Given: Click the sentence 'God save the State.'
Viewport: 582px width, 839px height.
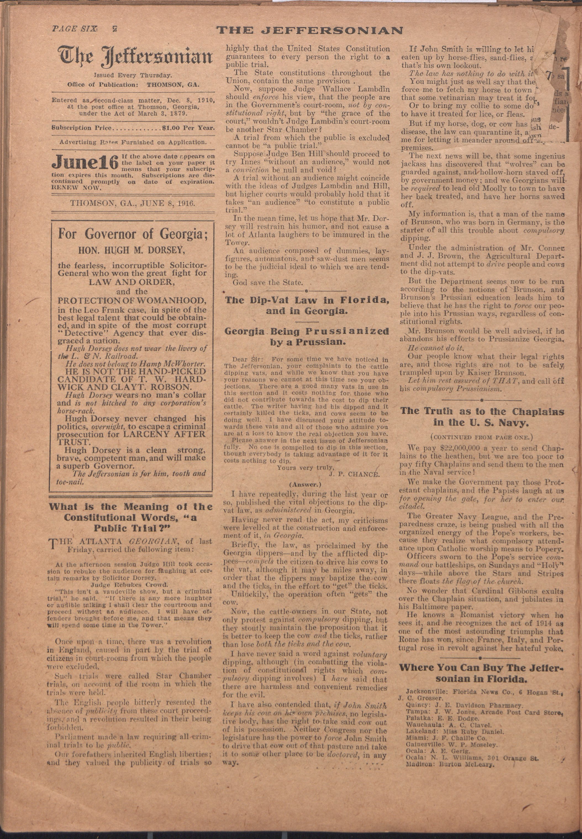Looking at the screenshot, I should [x=268, y=282].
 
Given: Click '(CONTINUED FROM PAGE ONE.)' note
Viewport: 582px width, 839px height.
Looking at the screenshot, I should [x=481, y=437].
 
